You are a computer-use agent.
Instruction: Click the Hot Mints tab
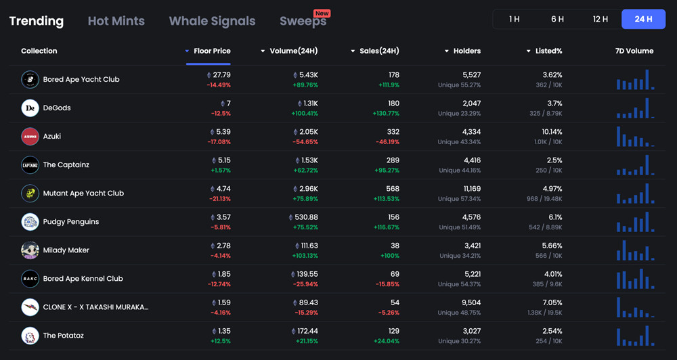pos(116,21)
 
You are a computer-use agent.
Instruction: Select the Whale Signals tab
pos(212,21)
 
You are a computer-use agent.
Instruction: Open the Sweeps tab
pos(303,21)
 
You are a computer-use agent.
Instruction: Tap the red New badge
pos(322,13)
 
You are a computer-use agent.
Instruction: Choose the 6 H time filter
pos(557,19)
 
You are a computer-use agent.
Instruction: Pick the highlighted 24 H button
pos(643,19)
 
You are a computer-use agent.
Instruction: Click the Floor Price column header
pos(212,51)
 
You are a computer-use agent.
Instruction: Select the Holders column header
pos(466,51)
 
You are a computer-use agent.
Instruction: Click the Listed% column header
pos(548,51)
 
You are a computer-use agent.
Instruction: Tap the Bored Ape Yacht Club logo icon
pos(30,79)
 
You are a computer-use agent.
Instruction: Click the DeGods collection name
pos(57,108)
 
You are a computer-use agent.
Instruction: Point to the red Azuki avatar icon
pos(30,136)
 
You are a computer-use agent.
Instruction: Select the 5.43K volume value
pos(308,75)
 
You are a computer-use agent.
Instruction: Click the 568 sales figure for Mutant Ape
pos(392,189)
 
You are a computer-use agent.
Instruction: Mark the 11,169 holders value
pos(467,189)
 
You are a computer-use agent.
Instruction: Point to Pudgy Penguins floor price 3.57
pos(223,217)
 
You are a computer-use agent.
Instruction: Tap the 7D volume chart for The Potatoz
pos(635,336)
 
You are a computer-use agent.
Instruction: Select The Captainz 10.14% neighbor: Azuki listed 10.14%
pos(552,132)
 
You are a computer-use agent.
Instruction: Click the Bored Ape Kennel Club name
pos(83,278)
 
